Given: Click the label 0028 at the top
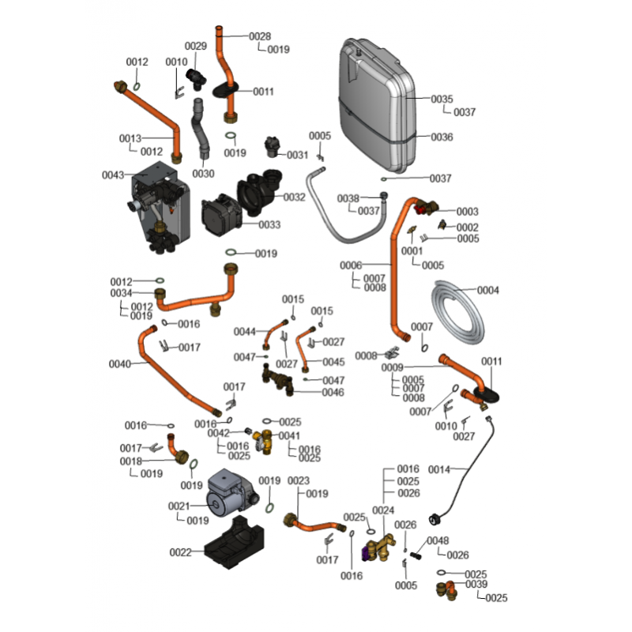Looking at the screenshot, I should pyautogui.click(x=260, y=36).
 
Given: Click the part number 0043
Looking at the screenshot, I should pyautogui.click(x=113, y=175).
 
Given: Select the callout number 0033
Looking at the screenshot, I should pyautogui.click(x=269, y=224).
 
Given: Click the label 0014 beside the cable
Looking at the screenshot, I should pyautogui.click(x=439, y=469).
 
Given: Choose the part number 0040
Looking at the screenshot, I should pyautogui.click(x=119, y=364).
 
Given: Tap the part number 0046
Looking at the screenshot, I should pyautogui.click(x=333, y=393).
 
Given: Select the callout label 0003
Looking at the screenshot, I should pyautogui.click(x=468, y=212).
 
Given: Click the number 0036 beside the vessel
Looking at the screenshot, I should pyautogui.click(x=442, y=137).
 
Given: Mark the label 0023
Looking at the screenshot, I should pyautogui.click(x=298, y=480).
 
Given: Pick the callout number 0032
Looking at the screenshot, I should pyautogui.click(x=294, y=197).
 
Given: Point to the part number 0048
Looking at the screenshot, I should pyautogui.click(x=438, y=540).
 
